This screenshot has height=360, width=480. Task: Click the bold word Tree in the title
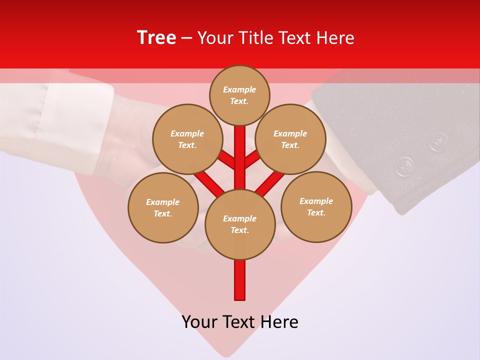tap(156, 38)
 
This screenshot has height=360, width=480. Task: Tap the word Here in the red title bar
tap(336, 38)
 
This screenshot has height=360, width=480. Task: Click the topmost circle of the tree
tap(239, 95)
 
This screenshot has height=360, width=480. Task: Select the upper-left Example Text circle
tap(187, 139)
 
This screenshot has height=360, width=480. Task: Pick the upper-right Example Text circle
tap(290, 139)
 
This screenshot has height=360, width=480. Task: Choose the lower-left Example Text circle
tap(163, 207)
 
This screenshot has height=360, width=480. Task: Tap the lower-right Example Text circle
tap(316, 206)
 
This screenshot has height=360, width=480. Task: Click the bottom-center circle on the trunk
tap(240, 224)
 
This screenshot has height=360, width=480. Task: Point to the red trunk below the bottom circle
tap(240, 280)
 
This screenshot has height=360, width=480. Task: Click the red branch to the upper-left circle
tap(227, 161)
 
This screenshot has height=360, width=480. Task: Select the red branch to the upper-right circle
tap(252, 160)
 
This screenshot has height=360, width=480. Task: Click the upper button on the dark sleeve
tap(438, 141)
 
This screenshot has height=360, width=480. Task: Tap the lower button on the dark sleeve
tap(404, 166)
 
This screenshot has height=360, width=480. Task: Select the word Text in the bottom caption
tap(239, 322)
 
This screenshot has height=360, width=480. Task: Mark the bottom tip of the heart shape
tap(227, 353)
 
